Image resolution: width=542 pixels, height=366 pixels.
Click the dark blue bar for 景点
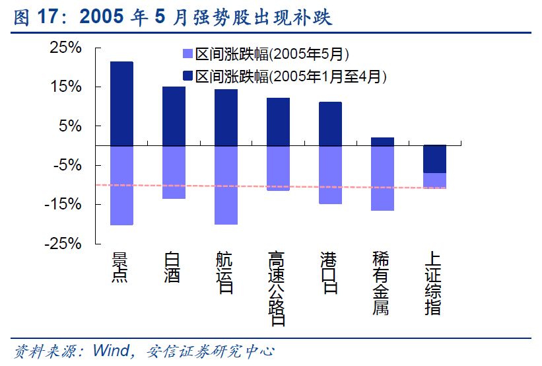click(121, 103)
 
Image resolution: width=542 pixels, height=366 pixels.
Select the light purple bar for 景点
click(121, 185)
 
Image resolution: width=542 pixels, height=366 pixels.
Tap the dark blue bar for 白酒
click(174, 116)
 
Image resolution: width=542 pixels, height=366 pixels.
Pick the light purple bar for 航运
click(226, 185)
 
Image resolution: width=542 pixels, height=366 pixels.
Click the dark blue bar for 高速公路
click(278, 122)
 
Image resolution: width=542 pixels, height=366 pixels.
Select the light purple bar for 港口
click(330, 174)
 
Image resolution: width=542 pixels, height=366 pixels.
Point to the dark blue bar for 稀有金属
click(382, 141)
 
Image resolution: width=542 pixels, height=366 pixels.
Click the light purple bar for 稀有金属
click(382, 178)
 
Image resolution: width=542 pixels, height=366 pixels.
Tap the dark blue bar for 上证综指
click(434, 159)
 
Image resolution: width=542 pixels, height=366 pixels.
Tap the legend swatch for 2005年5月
click(186, 54)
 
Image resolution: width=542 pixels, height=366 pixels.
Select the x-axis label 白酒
click(172, 267)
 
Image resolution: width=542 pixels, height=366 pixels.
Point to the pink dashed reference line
click(264, 187)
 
